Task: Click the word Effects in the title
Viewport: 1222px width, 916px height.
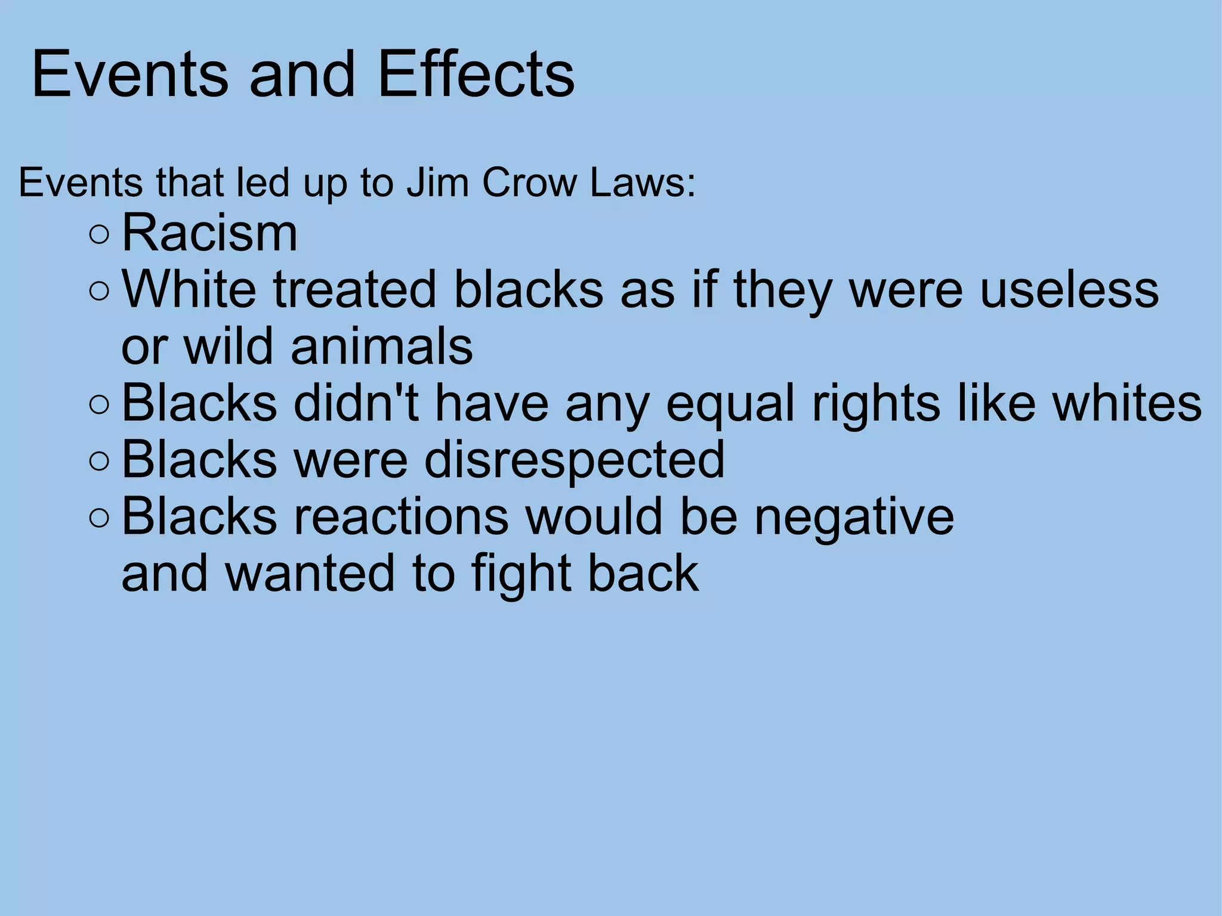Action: pos(476,74)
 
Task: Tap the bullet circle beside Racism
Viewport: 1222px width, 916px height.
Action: pos(99,234)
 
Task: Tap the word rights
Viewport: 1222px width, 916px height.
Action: pos(875,404)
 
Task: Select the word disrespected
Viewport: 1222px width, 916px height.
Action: pos(574,460)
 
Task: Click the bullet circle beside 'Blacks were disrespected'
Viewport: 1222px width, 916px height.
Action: pos(99,460)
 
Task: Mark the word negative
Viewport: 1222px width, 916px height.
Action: pos(854,516)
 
